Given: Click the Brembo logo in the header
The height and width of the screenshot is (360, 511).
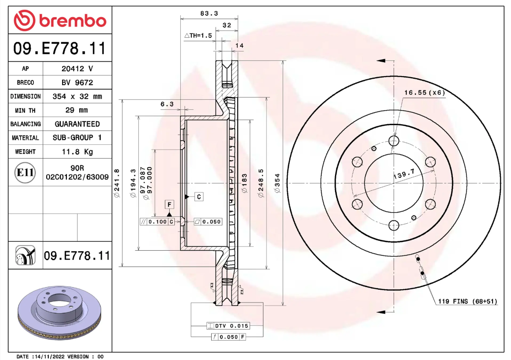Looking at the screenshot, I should tap(60, 20).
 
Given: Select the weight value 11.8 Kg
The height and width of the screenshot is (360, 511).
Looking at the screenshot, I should tap(77, 152).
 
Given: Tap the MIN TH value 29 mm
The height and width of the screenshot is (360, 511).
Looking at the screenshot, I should tap(77, 110).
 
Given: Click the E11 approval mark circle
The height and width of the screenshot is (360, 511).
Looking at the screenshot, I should tap(25, 173).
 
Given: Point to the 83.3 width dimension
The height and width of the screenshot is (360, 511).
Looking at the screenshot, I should tap(209, 14).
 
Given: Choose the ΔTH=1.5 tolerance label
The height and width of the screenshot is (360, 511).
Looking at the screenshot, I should tap(198, 36).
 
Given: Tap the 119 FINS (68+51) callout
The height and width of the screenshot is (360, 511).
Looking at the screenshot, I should tap(467, 302).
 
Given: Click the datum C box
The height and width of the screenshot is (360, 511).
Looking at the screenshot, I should tap(199, 197).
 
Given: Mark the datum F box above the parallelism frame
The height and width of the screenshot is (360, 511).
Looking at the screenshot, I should tap(170, 204).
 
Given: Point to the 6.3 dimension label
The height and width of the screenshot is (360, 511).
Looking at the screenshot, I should tap(167, 104).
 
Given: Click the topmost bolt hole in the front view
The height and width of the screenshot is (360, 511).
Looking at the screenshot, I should tap(394, 141).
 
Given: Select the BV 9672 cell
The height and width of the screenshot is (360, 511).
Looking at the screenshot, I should tap(77, 82).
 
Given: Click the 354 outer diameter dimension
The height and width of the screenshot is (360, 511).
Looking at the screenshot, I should tap(277, 183).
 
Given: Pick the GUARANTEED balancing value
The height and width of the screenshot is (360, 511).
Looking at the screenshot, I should tap(77, 124).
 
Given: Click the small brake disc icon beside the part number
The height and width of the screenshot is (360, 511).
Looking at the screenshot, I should tap(25, 256).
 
